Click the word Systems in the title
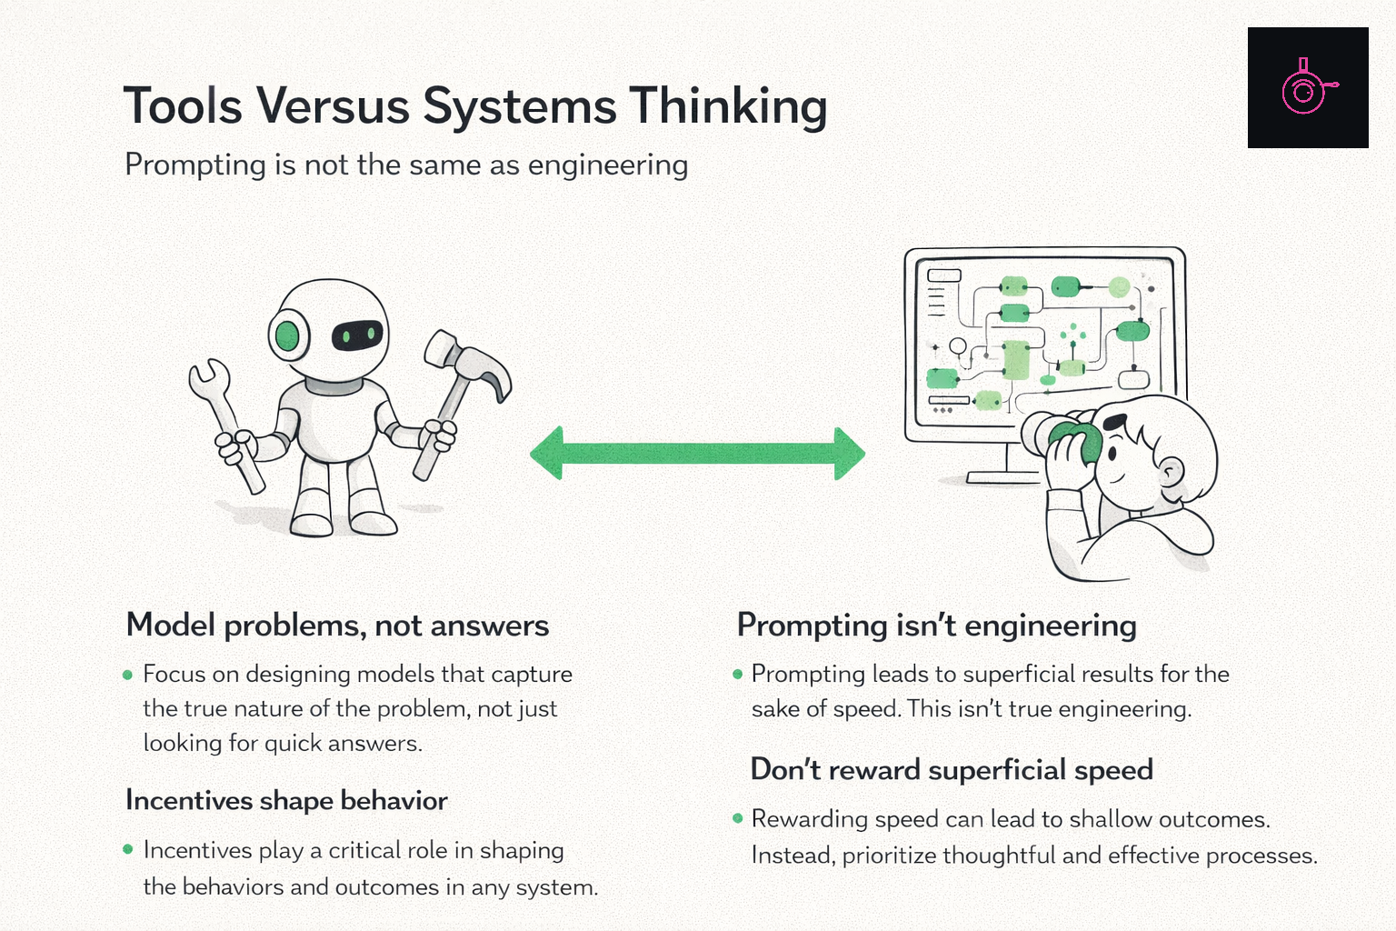tap(520, 107)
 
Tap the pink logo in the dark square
tap(1307, 88)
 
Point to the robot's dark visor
tap(357, 335)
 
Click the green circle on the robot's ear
tap(287, 335)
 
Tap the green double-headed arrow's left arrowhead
tap(546, 454)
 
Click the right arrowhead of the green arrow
tap(850, 454)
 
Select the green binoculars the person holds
tap(1073, 441)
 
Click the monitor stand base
tap(1004, 477)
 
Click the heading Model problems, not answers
tap(337, 626)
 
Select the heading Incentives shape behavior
tap(286, 801)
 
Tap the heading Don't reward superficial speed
tap(952, 770)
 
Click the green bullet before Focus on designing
tap(128, 675)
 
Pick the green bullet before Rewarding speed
tap(738, 818)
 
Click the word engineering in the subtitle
tap(608, 165)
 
